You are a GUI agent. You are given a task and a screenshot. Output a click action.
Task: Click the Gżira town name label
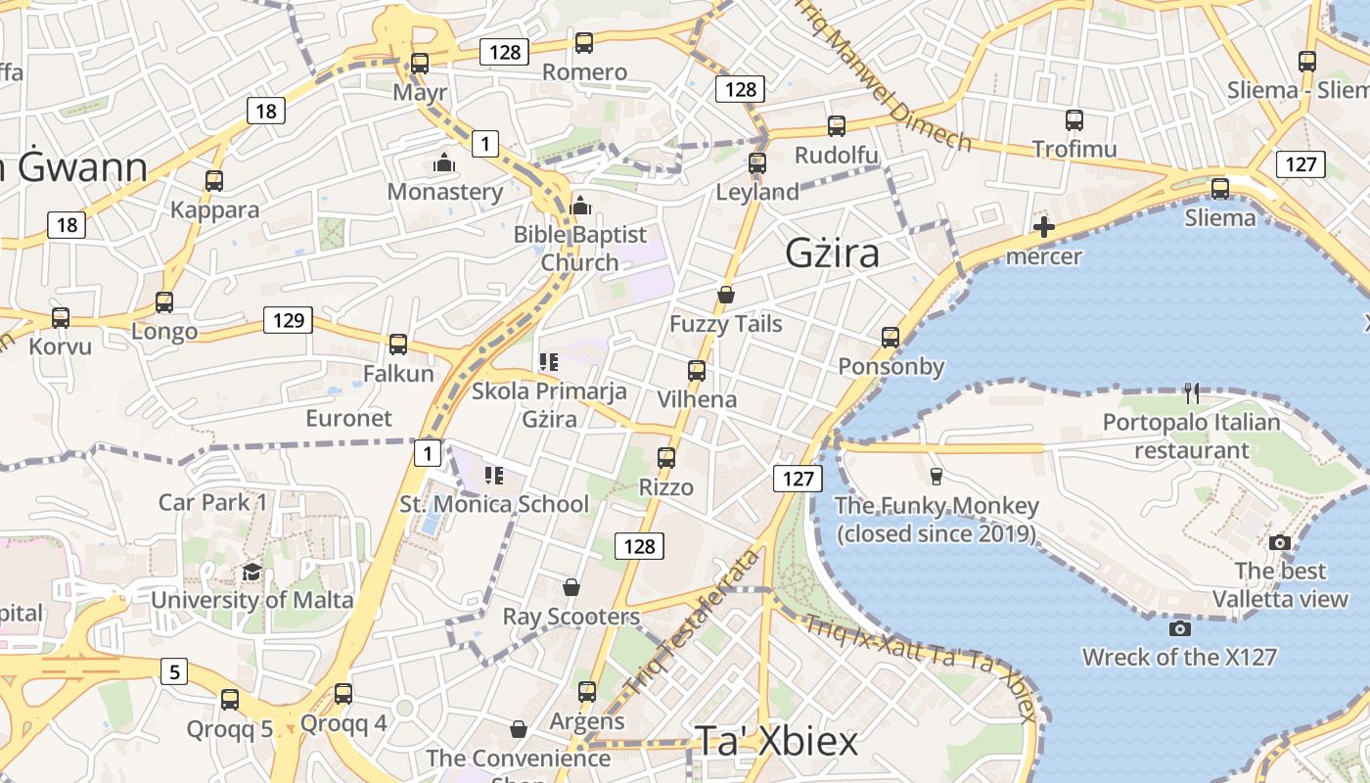coord(833,253)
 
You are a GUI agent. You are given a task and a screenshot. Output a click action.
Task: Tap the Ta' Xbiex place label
coord(776,741)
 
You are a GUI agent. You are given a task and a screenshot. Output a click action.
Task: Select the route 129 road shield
coord(288,320)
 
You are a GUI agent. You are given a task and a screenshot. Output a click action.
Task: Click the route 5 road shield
coord(173,671)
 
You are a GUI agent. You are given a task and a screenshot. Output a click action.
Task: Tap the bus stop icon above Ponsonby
coord(890,338)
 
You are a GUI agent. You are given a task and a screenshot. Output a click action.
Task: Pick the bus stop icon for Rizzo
coord(666,458)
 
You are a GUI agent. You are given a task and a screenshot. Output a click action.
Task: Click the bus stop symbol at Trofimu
coord(1074,120)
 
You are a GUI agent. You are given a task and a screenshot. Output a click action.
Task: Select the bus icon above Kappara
coord(214,181)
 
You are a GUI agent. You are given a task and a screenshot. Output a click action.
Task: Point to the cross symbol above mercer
coord(1044,228)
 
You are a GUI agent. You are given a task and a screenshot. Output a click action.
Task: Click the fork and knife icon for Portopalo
coord(1192,393)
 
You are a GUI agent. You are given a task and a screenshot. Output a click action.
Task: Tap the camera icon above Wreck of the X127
coord(1180,628)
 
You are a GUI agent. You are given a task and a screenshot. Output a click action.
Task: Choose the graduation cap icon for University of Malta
coord(251,572)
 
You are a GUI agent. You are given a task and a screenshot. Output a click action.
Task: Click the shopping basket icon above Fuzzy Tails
coord(726,295)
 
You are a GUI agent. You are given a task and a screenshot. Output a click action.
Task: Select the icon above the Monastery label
coord(444,162)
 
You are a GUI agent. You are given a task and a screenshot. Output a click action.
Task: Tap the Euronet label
coord(349,419)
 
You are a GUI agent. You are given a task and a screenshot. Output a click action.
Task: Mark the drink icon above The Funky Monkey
coord(936,477)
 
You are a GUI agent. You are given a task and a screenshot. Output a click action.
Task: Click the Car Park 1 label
coord(212,503)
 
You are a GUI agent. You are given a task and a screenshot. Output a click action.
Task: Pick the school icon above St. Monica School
coord(494,477)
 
